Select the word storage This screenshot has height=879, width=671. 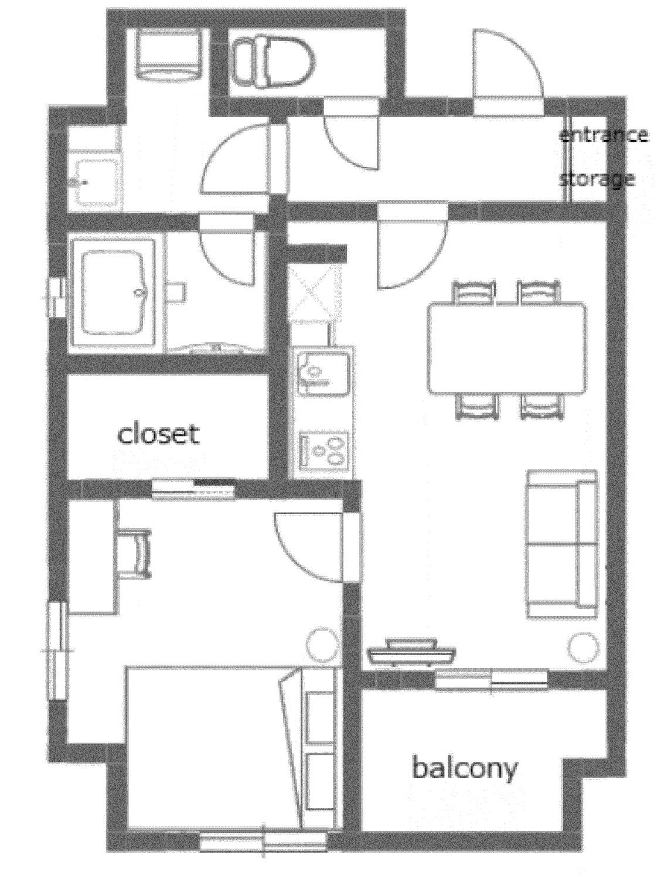(597, 179)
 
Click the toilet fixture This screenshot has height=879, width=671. (274, 62)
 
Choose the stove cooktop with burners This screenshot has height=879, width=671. (323, 451)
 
